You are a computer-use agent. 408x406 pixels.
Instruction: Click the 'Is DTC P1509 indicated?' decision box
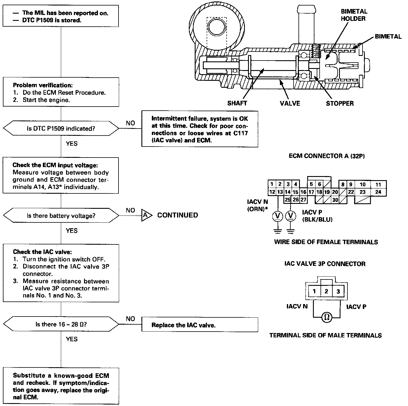coord(61,128)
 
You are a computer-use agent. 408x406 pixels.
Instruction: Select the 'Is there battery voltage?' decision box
coord(61,215)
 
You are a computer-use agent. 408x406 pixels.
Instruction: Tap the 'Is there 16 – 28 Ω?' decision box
coord(61,324)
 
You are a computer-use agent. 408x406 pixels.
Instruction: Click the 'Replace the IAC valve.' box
coord(199,325)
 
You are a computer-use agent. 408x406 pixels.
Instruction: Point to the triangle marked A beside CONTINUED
coord(146,215)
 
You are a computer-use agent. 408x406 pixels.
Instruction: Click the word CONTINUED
coord(178,215)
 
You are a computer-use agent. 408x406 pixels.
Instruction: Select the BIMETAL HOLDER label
coord(354,15)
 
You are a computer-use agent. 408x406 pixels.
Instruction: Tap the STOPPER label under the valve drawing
coord(340,103)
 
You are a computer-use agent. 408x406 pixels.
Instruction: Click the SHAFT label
coord(237,103)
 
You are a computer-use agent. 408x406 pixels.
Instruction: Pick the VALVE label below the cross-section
coord(290,103)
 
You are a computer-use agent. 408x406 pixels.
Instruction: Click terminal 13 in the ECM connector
coord(280,192)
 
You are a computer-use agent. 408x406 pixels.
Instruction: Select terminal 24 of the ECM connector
coord(378,192)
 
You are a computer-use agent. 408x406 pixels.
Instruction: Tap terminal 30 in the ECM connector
coord(335,200)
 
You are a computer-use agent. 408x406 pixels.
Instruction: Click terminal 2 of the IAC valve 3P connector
coord(326,291)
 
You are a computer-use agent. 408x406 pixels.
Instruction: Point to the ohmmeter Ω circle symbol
coord(326,317)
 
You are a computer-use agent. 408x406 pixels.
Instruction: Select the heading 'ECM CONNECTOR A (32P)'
coord(327,156)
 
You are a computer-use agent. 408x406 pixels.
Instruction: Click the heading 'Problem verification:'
coord(43,85)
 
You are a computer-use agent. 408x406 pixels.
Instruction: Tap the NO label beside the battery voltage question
coord(130,210)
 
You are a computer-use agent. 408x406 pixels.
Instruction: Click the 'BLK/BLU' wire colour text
coord(317,220)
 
